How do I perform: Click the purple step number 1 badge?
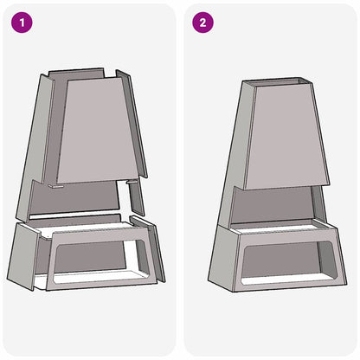22,22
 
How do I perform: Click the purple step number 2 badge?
202,22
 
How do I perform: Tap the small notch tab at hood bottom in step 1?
54,184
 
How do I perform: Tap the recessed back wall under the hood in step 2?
277,208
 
